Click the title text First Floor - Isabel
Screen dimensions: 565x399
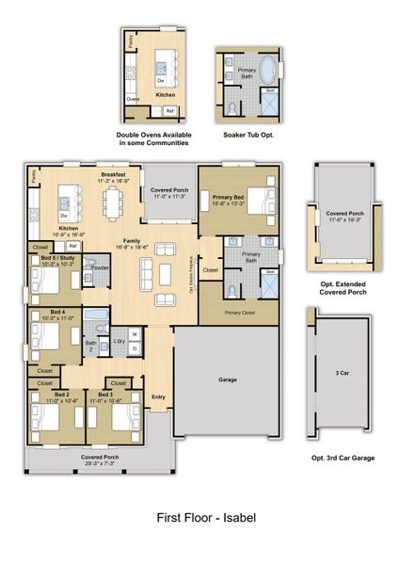204,517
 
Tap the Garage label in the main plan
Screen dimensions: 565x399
228,380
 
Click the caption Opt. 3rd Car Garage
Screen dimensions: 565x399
343,457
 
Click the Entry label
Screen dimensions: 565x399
158,395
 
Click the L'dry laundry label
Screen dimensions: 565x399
119,340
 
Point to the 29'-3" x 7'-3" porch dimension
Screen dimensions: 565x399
99,462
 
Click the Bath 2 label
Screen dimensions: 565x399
92,345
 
